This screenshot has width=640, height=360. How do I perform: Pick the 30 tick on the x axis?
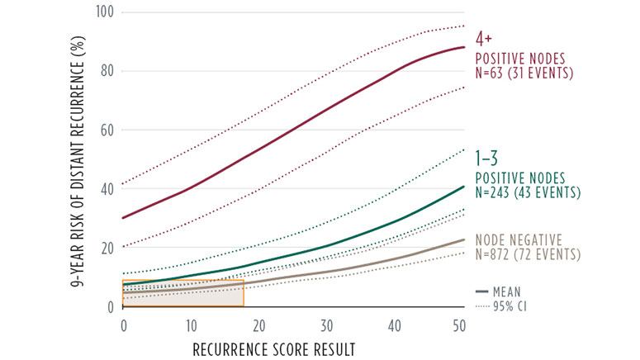tap(327, 323)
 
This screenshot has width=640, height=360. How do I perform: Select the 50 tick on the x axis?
tap(463, 323)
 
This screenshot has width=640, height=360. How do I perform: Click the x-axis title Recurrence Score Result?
tap(273, 349)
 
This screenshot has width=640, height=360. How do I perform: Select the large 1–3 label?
tap(486, 157)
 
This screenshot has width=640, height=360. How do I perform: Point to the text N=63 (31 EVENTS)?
tap(523, 73)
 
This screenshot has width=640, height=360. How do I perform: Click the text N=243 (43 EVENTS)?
tap(528, 192)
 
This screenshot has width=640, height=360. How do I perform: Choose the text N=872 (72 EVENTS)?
tap(527, 253)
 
